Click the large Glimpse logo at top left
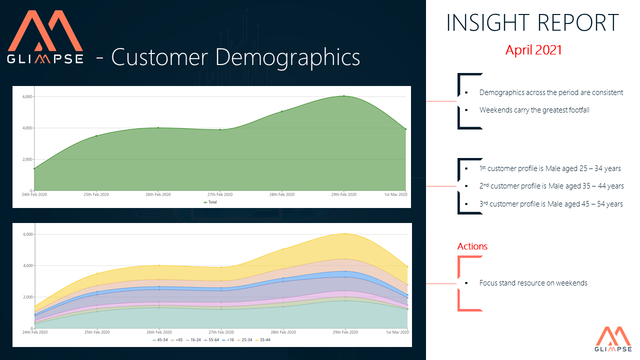click(x=45, y=37)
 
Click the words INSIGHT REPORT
click(x=532, y=23)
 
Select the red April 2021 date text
click(x=533, y=50)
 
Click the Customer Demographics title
click(x=235, y=57)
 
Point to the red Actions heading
click(x=472, y=246)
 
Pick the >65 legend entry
click(x=177, y=340)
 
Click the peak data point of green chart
click(x=344, y=96)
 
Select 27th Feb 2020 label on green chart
click(x=220, y=194)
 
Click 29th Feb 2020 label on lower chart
click(x=344, y=332)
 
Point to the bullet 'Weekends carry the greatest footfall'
click(x=534, y=110)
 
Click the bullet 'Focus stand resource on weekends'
click(x=533, y=283)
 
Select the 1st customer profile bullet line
click(x=550, y=168)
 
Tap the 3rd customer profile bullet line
click(x=550, y=204)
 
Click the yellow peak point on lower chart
click(x=344, y=233)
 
